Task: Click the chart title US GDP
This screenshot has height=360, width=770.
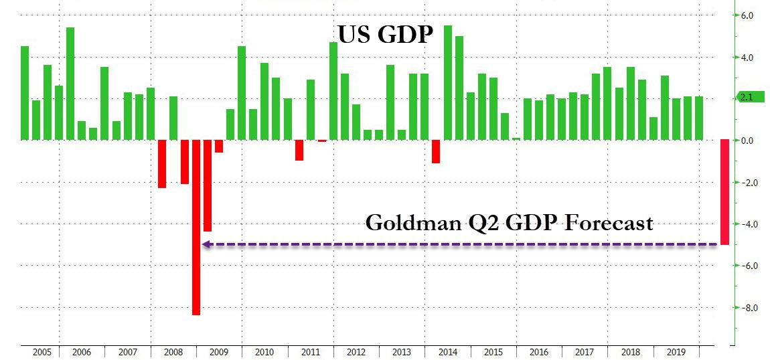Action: point(384,34)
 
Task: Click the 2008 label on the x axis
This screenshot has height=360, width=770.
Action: point(173,352)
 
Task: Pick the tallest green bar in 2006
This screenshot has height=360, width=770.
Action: point(70,84)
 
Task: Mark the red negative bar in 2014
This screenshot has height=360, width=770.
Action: point(436,151)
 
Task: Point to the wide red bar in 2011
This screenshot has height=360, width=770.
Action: point(299,150)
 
